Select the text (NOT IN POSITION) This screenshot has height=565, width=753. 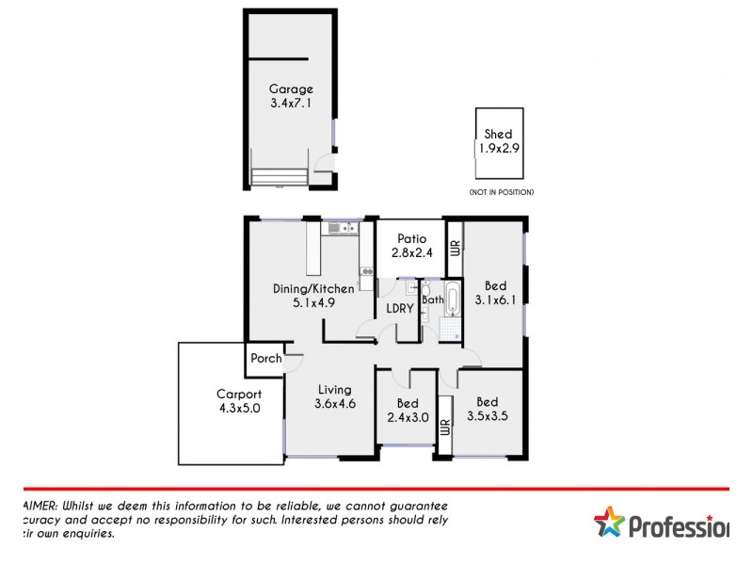tap(502, 192)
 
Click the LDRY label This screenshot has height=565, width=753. tap(396, 310)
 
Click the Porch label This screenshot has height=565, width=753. tap(265, 358)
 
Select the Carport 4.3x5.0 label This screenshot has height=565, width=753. tap(238, 402)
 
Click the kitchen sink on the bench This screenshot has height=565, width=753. tap(339, 227)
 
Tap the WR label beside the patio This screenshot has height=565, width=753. tap(455, 248)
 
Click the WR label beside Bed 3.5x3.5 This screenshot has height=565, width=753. tap(444, 428)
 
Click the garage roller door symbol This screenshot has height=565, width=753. tap(280, 177)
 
